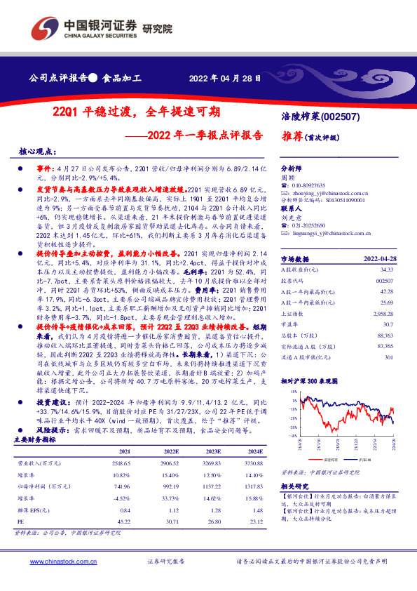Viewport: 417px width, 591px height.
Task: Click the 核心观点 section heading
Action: coord(37,152)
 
